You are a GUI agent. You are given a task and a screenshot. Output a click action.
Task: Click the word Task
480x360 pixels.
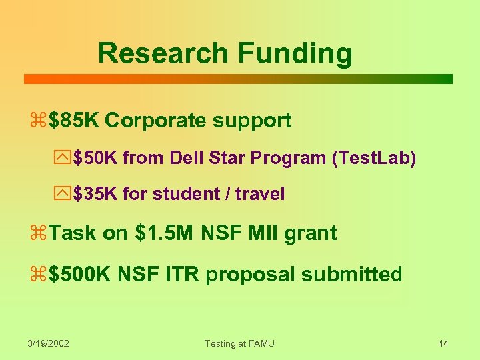(73, 233)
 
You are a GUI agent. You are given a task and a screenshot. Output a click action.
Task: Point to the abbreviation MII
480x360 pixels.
(267, 233)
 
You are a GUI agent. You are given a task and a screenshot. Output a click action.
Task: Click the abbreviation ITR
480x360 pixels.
(179, 274)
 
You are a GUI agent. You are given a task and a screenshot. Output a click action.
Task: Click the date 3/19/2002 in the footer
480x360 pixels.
(49, 343)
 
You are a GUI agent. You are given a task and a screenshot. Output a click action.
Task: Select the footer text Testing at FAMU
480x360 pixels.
(239, 343)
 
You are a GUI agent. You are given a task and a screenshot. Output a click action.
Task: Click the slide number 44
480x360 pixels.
(443, 343)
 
